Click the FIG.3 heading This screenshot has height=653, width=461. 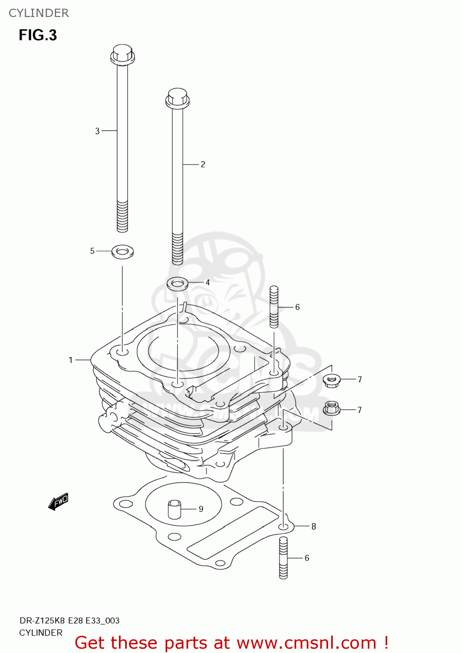coord(38,35)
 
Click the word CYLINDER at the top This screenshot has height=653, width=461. coord(39,13)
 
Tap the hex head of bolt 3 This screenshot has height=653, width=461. coord(122,54)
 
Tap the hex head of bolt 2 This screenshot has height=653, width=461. coord(177,98)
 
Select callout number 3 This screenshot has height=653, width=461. coord(97,131)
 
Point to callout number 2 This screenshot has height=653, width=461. coord(203,165)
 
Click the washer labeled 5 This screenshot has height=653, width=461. coord(122,251)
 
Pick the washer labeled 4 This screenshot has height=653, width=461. coord(177,283)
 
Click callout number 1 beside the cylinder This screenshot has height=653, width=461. coord(71,360)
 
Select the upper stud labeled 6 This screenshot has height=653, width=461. coord(274,306)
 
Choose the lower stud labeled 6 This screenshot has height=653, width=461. coord(283,558)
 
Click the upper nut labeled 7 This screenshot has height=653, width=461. coord(332,380)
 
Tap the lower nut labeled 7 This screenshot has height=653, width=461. coord(332,408)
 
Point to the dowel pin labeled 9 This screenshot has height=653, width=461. coord(174,509)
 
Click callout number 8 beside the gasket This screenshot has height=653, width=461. coord(313,527)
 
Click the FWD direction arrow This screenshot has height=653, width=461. coord(58,502)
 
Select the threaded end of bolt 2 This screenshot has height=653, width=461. coord(177,249)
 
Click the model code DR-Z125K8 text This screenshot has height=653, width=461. coord(42,621)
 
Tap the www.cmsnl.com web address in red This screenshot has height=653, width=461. coord(306,643)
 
